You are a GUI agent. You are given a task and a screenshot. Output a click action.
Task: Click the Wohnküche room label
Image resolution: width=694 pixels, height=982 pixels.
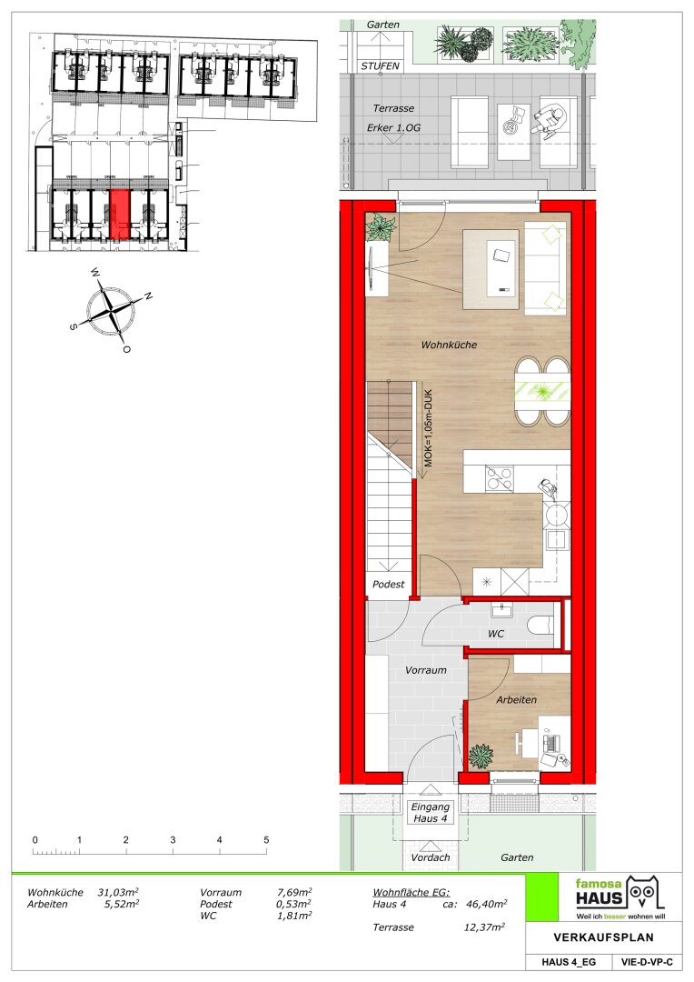point(449,345)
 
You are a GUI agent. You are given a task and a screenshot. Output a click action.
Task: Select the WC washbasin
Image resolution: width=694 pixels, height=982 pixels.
point(501,609)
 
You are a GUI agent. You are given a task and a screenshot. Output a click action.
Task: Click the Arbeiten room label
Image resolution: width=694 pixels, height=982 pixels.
point(516,699)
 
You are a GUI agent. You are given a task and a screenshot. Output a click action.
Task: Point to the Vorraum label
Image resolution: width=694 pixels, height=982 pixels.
point(425,670)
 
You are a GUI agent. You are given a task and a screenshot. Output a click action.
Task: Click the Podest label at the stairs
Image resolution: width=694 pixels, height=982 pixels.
point(388,585)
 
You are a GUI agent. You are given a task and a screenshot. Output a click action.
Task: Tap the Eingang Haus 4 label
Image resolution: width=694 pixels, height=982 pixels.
point(430,812)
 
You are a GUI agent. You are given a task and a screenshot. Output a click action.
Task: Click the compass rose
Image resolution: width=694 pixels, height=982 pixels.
point(111,310)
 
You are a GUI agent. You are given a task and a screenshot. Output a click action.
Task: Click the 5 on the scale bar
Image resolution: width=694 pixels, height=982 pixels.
point(266,840)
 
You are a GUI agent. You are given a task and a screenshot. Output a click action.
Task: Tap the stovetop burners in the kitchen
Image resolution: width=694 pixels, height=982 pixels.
point(500,478)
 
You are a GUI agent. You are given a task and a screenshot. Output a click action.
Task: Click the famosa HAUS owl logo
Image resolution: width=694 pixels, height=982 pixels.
point(644,893)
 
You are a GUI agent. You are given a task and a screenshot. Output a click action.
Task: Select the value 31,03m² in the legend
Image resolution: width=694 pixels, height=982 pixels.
point(118,893)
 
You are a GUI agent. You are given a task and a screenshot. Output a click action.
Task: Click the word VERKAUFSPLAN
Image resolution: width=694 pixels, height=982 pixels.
point(603,937)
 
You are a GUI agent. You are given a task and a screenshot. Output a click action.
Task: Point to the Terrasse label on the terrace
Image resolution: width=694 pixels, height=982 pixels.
point(393,108)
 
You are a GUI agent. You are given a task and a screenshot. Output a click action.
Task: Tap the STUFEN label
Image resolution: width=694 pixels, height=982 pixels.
point(380,65)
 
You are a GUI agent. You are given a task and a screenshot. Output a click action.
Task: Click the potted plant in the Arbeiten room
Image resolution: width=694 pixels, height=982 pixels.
point(481,756)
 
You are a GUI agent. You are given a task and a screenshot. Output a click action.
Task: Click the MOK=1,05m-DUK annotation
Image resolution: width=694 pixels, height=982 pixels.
point(429,427)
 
